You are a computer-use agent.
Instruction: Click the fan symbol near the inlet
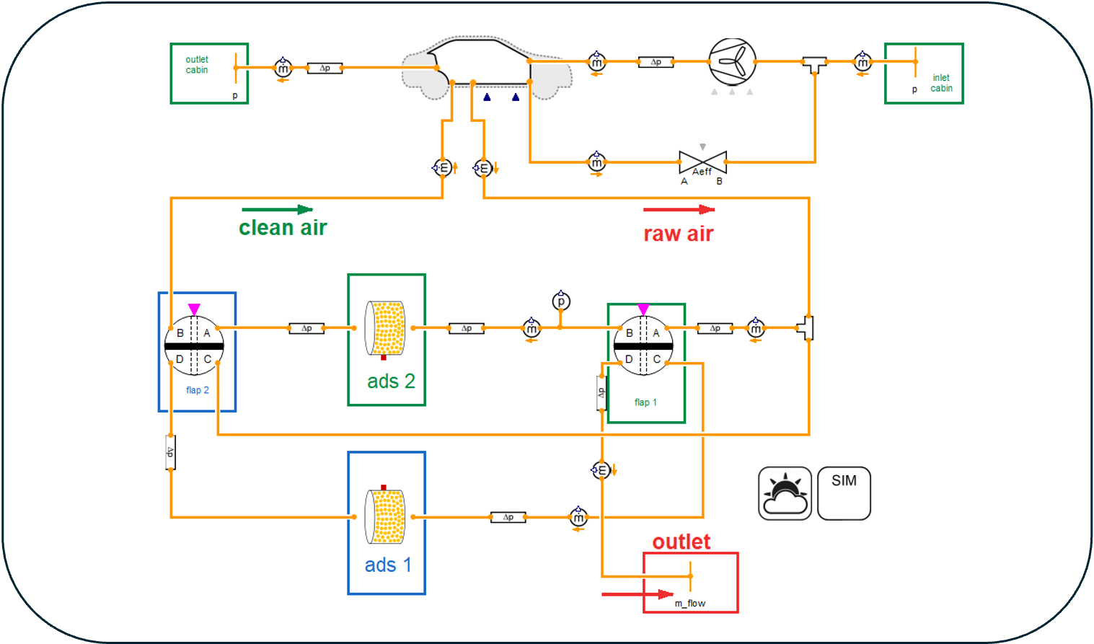[x=732, y=62]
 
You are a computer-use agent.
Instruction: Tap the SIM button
[x=844, y=493]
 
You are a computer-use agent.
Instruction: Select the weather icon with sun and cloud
[x=785, y=493]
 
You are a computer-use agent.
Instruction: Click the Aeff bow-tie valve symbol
[x=702, y=162]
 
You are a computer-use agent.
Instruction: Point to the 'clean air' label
[x=283, y=228]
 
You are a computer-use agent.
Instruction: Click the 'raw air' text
[x=678, y=234]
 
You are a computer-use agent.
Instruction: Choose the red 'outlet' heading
[x=681, y=542]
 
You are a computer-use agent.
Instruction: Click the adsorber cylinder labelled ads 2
[x=385, y=328]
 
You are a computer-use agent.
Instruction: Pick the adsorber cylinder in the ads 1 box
[x=385, y=516]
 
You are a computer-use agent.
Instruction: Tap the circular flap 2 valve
[x=194, y=345]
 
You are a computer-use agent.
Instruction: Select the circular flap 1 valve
[x=643, y=345]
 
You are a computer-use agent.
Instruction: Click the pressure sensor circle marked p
[x=561, y=301]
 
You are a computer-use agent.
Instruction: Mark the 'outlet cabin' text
[x=197, y=65]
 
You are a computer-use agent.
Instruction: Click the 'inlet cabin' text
[x=941, y=83]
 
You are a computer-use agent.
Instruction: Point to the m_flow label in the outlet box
[x=690, y=604]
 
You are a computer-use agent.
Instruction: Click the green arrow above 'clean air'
[x=277, y=210]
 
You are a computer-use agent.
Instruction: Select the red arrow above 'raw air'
[x=679, y=210]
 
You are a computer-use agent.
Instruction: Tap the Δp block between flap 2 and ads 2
[x=306, y=328]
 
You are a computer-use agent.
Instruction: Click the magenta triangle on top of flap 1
[x=643, y=309]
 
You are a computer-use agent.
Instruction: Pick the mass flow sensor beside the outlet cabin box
[x=283, y=69]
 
